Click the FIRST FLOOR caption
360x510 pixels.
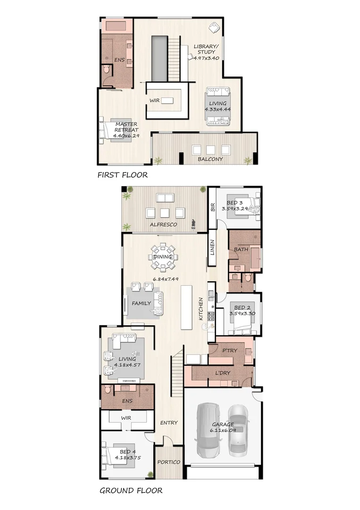tap(122, 175)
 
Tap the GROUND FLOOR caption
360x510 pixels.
tap(131, 490)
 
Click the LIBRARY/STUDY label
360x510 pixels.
tap(206, 49)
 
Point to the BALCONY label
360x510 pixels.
tap(210, 159)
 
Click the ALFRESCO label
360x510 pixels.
tap(163, 225)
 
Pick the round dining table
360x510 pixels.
tap(163, 257)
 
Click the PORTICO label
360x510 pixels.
tap(168, 462)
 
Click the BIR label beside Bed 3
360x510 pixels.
tap(213, 206)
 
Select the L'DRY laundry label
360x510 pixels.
tap(223, 373)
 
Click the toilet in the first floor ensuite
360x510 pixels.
tap(107, 70)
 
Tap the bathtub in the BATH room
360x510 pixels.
tap(255, 257)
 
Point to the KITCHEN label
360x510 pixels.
tap(201, 309)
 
